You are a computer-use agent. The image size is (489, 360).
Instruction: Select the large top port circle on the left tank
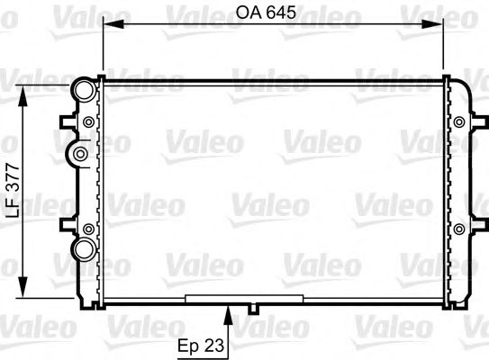(83, 89)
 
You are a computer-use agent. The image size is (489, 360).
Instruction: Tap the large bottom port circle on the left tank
(84, 248)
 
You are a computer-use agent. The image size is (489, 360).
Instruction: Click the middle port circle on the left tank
(79, 154)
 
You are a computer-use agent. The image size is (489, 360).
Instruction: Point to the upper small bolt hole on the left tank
(87, 122)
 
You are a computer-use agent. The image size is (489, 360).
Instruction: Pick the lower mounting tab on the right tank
(478, 226)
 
